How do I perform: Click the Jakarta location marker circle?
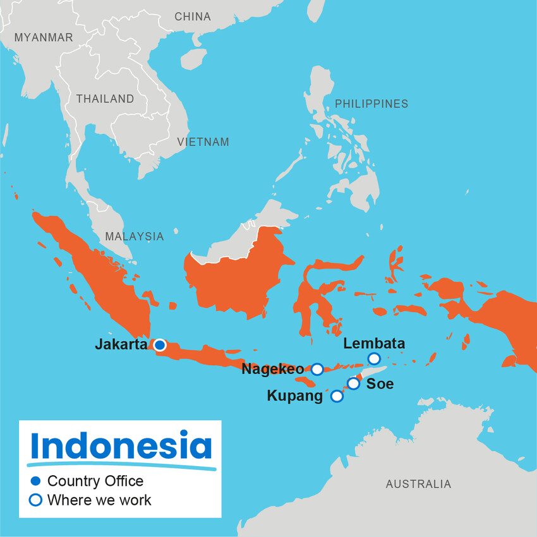click(x=160, y=345)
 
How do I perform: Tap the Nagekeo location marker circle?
click(x=317, y=369)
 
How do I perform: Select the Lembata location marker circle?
click(x=374, y=359)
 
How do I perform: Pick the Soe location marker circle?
click(x=353, y=383)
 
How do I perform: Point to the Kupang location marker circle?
click(x=337, y=396)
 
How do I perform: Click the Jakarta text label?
click(x=121, y=345)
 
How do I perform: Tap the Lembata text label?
click(x=374, y=344)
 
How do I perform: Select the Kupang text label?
click(x=294, y=396)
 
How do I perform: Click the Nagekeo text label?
click(x=273, y=370)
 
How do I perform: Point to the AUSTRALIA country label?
click(x=418, y=484)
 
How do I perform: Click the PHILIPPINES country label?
click(x=371, y=104)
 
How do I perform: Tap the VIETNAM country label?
click(x=203, y=142)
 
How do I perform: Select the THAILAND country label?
click(x=105, y=99)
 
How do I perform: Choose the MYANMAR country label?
click(x=44, y=38)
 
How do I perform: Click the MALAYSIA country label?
click(x=134, y=236)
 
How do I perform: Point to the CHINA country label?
click(x=193, y=16)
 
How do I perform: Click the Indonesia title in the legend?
click(x=121, y=446)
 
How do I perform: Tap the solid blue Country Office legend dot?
click(x=36, y=481)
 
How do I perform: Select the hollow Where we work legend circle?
click(x=36, y=500)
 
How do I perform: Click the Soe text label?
click(x=380, y=383)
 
